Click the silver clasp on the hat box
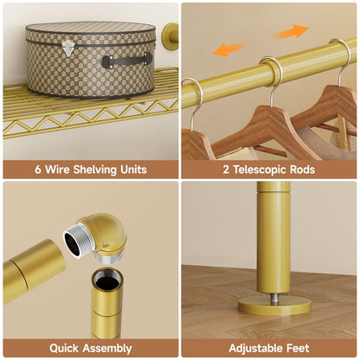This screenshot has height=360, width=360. (68, 48)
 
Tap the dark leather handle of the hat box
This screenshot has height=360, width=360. (127, 61)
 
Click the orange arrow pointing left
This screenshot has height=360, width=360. (229, 49)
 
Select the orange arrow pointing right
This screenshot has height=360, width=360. (292, 32)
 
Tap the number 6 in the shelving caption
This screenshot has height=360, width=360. (38, 170)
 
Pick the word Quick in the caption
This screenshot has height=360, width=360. (64, 348)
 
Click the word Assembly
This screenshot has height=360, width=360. (107, 349)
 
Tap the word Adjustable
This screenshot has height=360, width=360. (256, 349)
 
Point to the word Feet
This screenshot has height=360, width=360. (298, 348)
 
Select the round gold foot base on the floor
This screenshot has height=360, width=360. (274, 306)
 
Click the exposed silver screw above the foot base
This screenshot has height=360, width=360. (275, 299)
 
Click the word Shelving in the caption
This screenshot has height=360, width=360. (95, 170)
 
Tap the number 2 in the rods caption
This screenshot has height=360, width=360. (226, 170)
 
